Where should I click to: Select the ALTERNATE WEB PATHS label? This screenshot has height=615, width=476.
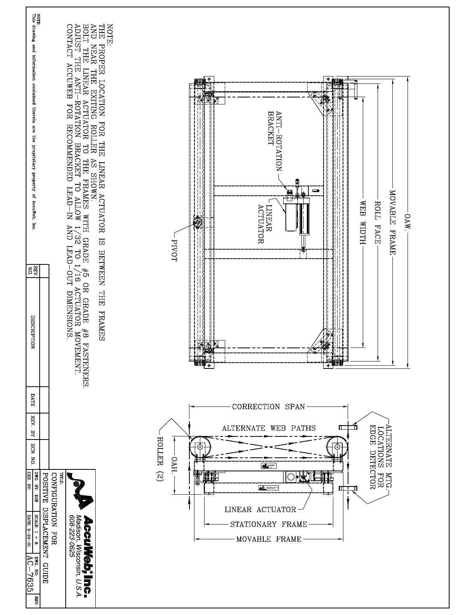tap(269, 428)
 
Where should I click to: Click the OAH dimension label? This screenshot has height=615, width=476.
tap(175, 464)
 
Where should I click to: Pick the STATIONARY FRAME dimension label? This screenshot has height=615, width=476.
tap(268, 524)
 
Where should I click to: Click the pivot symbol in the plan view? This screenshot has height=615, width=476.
tap(197, 222)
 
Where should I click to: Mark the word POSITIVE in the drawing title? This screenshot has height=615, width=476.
tap(45, 486)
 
